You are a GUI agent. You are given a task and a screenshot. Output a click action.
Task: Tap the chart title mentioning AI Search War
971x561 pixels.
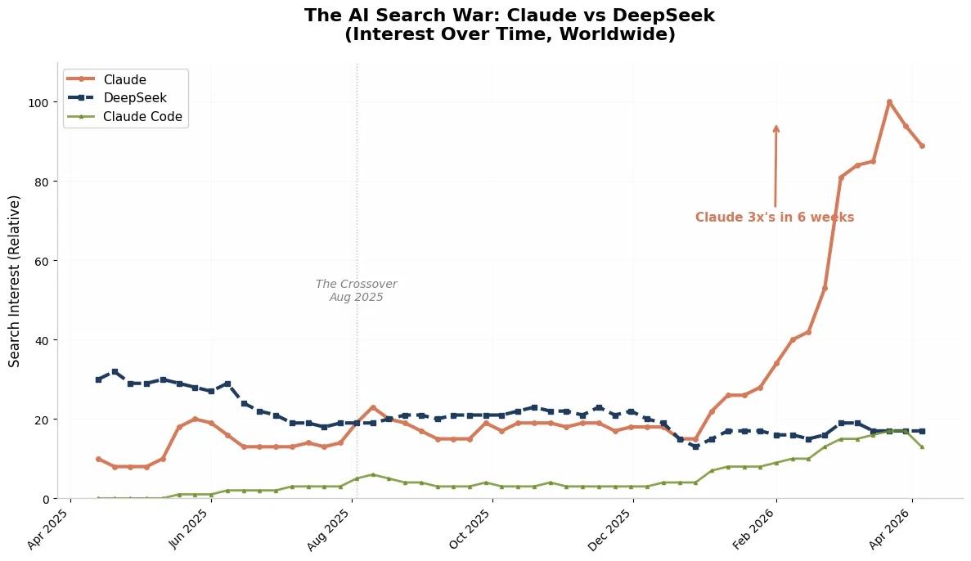point(510,25)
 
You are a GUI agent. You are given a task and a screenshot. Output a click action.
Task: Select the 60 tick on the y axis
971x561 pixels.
point(42,261)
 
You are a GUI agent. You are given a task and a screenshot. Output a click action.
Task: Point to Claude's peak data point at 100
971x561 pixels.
point(889,102)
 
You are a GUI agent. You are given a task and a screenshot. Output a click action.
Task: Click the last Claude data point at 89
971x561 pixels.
point(922,146)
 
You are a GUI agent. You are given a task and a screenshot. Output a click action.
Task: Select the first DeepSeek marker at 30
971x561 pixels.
point(98,379)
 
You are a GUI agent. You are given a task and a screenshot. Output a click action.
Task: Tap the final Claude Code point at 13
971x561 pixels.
point(922,447)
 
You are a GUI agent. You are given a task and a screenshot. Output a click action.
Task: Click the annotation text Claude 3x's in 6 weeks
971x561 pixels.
point(775,218)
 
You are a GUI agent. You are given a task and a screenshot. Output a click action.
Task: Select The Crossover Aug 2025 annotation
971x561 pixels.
point(357,290)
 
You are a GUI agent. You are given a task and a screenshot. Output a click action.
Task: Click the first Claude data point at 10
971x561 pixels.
point(98,459)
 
